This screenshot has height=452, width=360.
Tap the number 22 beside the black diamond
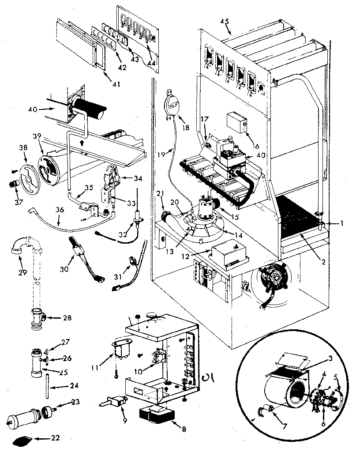click(x=55, y=439)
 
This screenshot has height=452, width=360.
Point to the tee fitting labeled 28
click(x=35, y=317)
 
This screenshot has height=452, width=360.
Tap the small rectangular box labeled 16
click(x=236, y=121)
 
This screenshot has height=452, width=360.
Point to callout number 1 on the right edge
click(x=342, y=223)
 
